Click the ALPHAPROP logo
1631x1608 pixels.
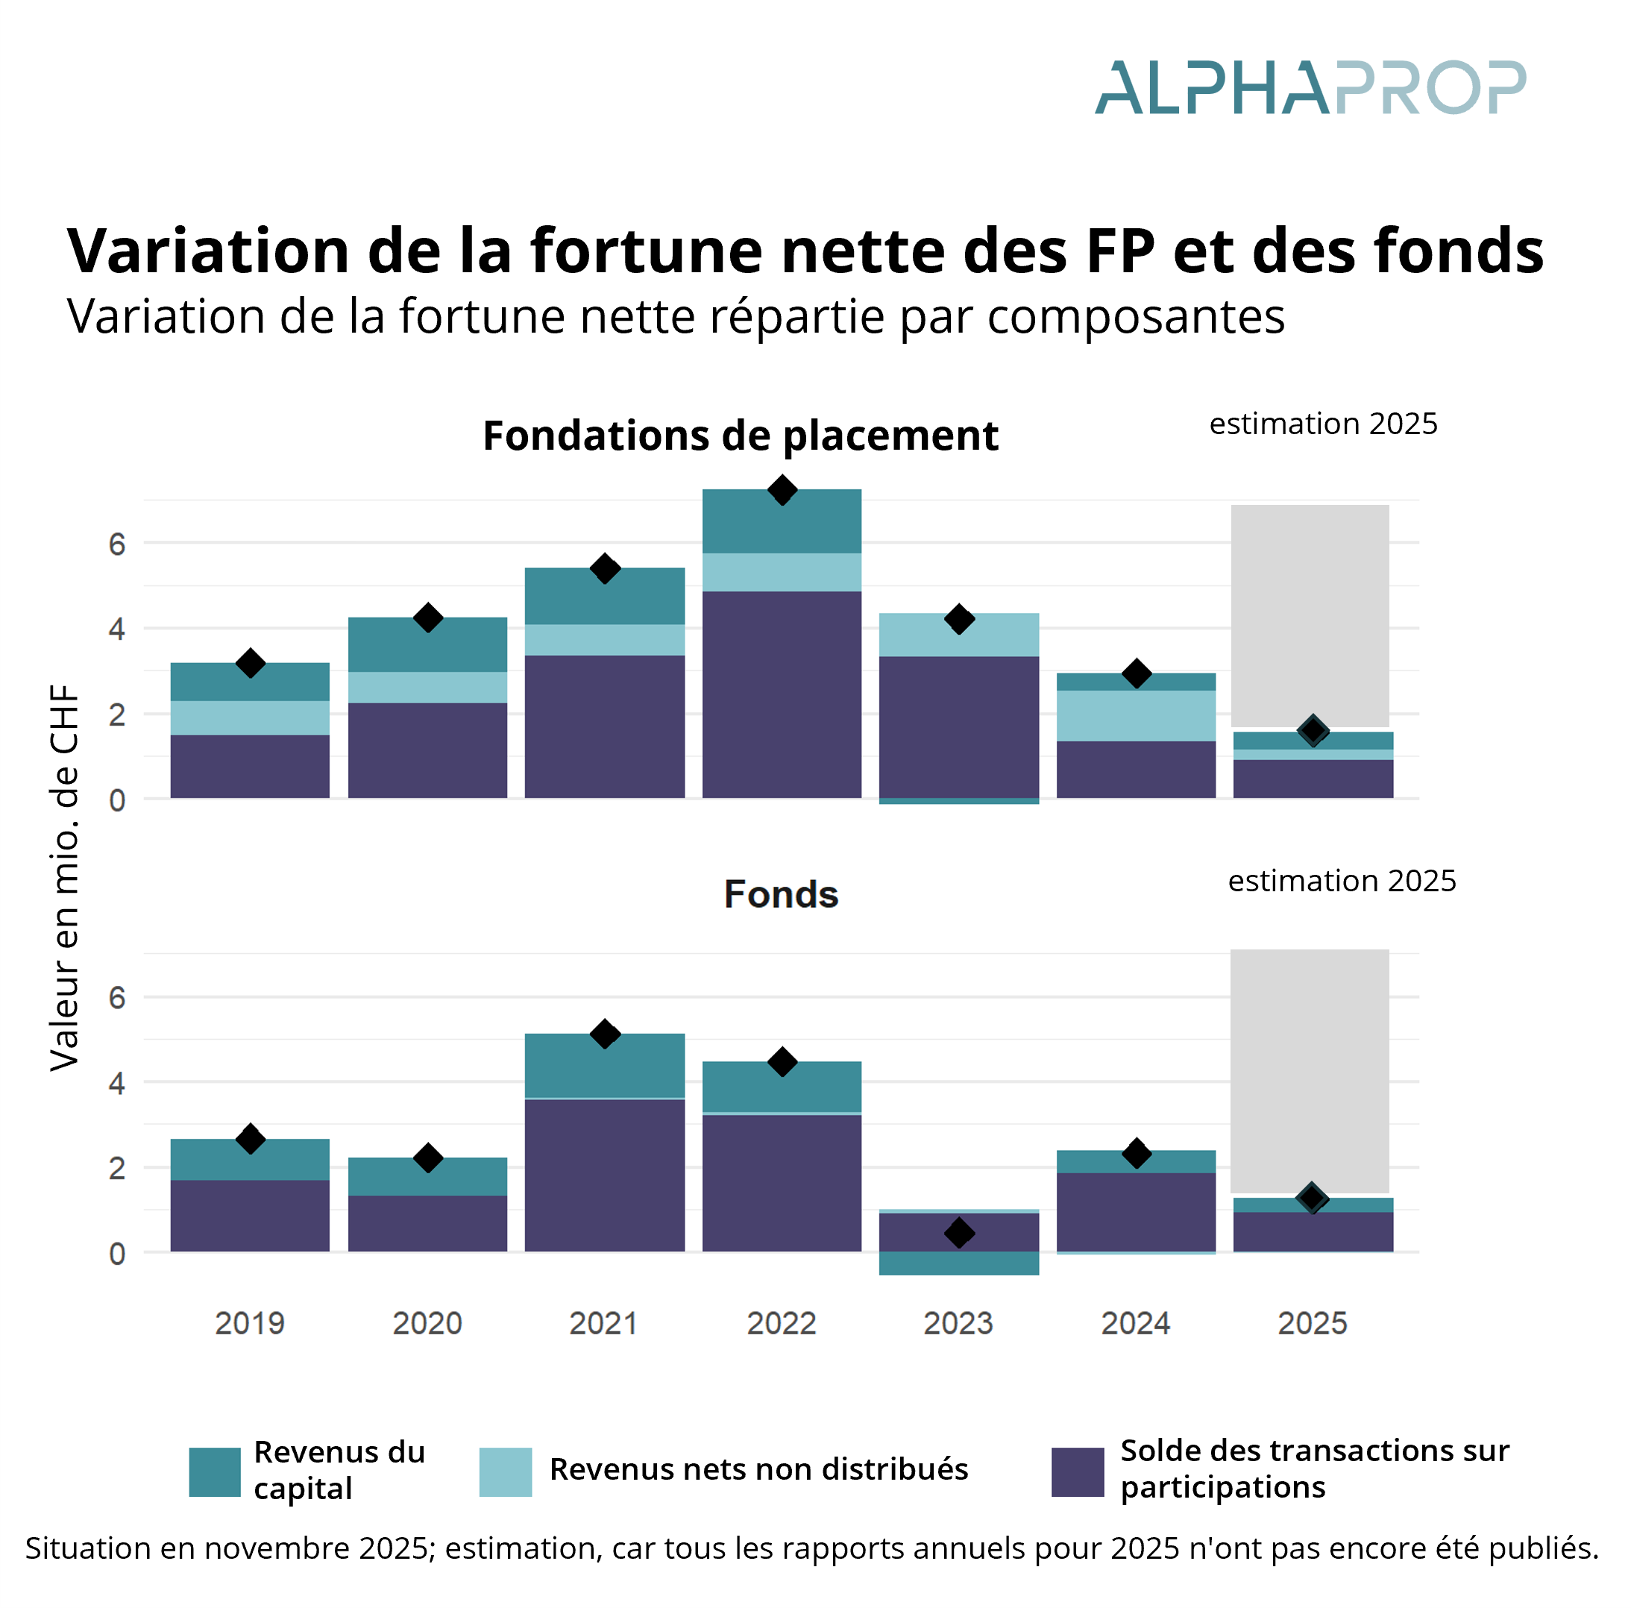(x=1310, y=88)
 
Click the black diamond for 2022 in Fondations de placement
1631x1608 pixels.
(x=782, y=491)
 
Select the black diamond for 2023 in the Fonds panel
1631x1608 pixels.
(x=959, y=1233)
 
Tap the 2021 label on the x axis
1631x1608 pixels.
(x=603, y=1324)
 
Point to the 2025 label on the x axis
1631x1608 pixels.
(x=1312, y=1324)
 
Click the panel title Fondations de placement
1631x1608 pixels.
(x=741, y=436)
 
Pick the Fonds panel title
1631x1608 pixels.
(x=781, y=895)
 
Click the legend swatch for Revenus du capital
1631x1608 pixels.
(x=215, y=1472)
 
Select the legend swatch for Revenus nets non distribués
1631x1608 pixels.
(x=505, y=1472)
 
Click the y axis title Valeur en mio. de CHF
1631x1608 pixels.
(x=64, y=878)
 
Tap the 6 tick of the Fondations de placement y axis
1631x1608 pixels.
(x=117, y=544)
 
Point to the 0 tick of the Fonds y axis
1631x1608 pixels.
(x=117, y=1254)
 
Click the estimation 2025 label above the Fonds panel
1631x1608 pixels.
(x=1342, y=882)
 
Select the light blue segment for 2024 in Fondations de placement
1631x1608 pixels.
(x=1137, y=716)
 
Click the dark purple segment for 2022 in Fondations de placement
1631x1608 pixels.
(x=782, y=694)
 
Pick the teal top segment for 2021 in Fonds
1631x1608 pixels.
(x=605, y=1065)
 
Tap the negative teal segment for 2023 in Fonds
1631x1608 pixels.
(x=959, y=1263)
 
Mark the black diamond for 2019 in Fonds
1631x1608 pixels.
(x=250, y=1139)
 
